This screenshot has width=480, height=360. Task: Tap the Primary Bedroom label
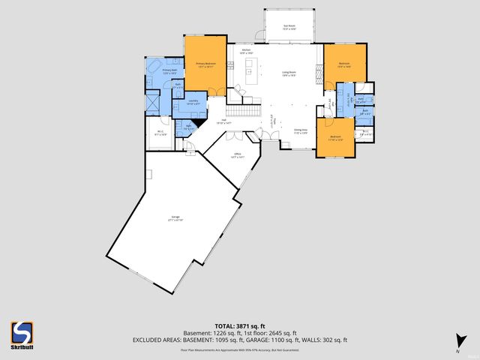tap(206, 64)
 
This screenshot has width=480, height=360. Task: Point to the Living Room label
tap(289, 74)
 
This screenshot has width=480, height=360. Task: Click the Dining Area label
tap(301, 131)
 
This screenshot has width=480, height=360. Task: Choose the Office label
tap(236, 156)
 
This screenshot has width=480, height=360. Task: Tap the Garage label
tap(175, 219)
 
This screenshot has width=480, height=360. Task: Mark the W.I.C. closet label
tap(160, 133)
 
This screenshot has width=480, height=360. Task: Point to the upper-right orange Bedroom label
tap(345, 64)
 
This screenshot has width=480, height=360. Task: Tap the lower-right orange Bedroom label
tap(335, 138)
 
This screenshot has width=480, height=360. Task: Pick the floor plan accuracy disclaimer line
tap(239, 349)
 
